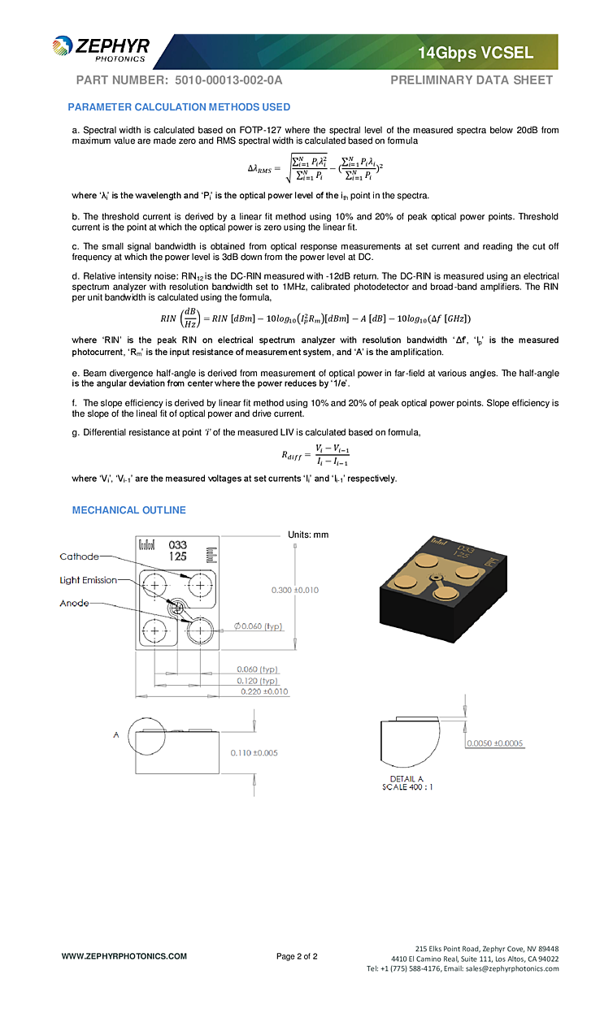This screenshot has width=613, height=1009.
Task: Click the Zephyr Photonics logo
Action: point(102,50)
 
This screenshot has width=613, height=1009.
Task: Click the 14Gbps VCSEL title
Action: point(476,54)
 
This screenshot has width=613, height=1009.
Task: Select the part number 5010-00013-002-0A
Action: point(228,80)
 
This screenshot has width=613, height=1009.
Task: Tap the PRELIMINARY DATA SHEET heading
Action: point(472,80)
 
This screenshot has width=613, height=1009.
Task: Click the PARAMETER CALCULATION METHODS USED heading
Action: point(179,107)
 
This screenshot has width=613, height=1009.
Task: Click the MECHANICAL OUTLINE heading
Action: point(129,510)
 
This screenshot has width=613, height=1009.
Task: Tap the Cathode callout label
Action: point(79,556)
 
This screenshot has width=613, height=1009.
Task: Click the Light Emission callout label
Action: point(88,580)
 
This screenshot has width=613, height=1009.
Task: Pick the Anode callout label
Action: point(74,604)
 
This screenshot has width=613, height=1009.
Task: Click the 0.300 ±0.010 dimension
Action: point(294,590)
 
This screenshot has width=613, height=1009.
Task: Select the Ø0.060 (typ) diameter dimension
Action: point(258,626)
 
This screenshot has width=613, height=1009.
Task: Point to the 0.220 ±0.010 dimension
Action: point(264,692)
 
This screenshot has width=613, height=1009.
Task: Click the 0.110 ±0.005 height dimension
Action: point(254,753)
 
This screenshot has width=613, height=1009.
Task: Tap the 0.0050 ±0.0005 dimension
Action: point(494,743)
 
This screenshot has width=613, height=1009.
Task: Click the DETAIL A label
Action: point(406,779)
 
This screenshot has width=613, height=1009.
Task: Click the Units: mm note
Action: point(308,535)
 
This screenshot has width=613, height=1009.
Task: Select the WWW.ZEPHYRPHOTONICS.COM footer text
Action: point(124,956)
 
